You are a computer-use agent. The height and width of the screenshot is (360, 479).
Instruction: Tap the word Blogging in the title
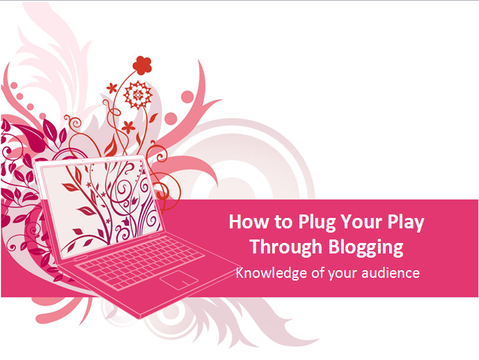pos(366,247)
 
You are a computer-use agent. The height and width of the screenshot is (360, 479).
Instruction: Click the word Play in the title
pos(406,222)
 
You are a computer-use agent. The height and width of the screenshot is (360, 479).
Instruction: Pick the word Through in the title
pos(286,247)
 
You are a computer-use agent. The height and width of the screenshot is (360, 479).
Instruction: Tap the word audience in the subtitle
pos(391,272)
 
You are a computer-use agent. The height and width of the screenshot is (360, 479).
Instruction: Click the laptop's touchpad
pos(179,280)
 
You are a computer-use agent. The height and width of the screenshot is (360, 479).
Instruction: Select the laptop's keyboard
pos(140,262)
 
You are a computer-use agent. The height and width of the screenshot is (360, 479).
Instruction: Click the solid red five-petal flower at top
pos(142,65)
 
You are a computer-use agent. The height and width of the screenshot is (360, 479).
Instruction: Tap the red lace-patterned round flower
pos(138,95)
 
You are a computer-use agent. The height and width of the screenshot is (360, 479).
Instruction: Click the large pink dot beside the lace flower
pos(187,97)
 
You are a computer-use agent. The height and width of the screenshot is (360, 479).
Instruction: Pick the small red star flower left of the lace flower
pos(111,88)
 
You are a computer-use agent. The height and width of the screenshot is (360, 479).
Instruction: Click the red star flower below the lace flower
pos(129,127)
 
